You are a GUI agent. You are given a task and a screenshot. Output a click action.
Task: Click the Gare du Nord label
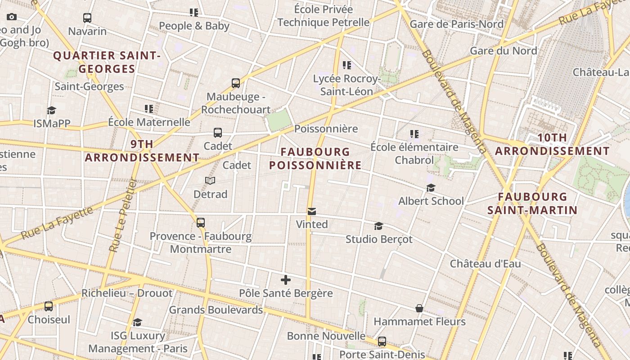[504, 50]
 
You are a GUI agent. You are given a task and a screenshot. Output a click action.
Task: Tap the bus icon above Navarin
[87, 18]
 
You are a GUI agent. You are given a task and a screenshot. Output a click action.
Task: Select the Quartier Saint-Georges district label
[107, 62]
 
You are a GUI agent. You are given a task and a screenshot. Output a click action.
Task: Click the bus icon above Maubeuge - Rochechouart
[236, 83]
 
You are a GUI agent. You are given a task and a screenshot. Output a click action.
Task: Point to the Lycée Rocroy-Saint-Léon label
[346, 85]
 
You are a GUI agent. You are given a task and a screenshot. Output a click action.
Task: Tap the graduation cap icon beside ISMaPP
[52, 110]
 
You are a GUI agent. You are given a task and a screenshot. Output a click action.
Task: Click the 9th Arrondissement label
[142, 151]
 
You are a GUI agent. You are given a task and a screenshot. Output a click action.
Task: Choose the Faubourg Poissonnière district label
[315, 158]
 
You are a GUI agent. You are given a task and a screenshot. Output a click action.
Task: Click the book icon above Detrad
[210, 180]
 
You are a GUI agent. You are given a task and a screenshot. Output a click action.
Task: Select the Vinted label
[312, 224]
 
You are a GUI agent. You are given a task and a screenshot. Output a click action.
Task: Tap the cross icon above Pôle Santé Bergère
[285, 280]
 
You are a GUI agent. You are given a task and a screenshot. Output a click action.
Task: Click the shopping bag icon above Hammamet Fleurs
[419, 308]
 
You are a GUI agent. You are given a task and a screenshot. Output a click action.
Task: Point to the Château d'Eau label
[485, 264]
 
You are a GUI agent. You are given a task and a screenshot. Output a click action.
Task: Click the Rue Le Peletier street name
[123, 215]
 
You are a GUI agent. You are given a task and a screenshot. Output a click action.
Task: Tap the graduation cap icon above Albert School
[431, 188]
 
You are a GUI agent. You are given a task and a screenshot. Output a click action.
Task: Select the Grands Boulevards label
[216, 310]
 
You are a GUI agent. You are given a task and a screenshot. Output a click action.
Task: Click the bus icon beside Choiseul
[49, 306]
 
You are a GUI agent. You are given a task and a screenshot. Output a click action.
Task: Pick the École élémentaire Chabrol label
[414, 153]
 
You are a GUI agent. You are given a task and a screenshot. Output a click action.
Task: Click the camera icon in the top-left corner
[12, 17]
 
